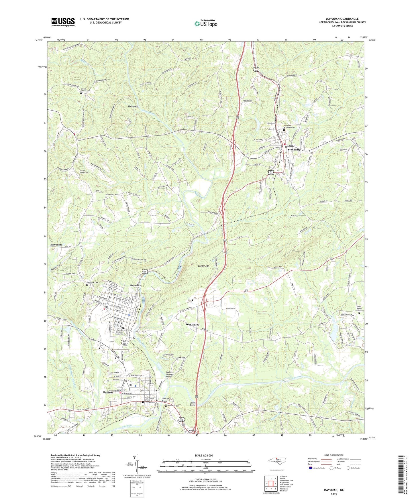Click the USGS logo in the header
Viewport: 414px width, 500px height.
[x=63, y=22]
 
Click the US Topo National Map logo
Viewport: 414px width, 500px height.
[x=206, y=23]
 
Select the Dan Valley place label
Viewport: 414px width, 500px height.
[x=192, y=324]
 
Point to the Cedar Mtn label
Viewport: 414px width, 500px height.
[x=203, y=266]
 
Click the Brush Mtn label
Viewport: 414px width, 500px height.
[x=133, y=106]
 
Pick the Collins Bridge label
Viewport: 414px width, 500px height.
[x=193, y=404]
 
